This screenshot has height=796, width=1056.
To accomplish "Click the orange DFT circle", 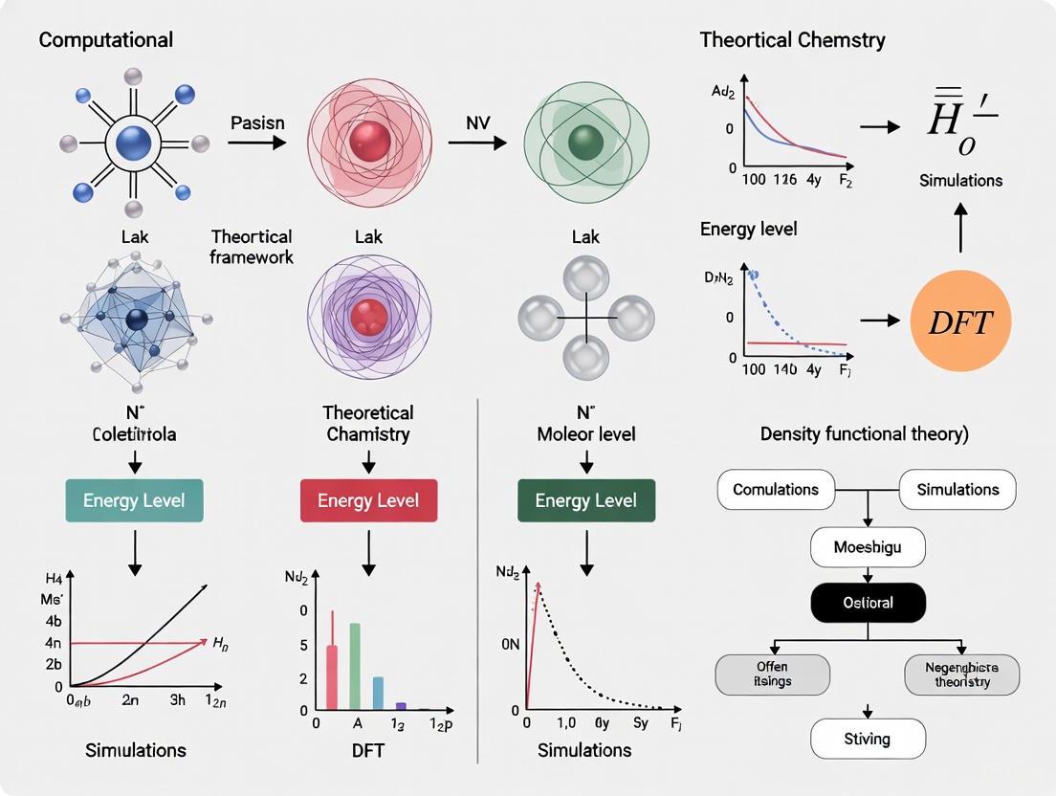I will [959, 321].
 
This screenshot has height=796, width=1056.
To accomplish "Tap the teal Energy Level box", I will [134, 500].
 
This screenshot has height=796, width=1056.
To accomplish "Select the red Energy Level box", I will [368, 500].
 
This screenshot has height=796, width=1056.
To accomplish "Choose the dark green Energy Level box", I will [585, 500].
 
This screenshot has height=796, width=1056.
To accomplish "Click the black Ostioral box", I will [868, 603].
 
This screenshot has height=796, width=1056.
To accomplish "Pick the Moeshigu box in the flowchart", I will [868, 548].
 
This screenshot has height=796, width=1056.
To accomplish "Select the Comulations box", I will [775, 489].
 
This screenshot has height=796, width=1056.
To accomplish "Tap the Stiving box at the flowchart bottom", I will [868, 739].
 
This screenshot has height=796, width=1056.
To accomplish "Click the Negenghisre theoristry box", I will [961, 674].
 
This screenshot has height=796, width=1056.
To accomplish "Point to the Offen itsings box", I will [772, 674].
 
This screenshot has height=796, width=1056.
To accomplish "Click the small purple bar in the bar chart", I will [401, 706].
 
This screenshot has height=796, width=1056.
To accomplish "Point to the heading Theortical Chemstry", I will [792, 40].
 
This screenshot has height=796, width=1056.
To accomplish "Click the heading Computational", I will [106, 40].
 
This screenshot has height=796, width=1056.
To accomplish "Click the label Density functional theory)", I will [864, 433].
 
